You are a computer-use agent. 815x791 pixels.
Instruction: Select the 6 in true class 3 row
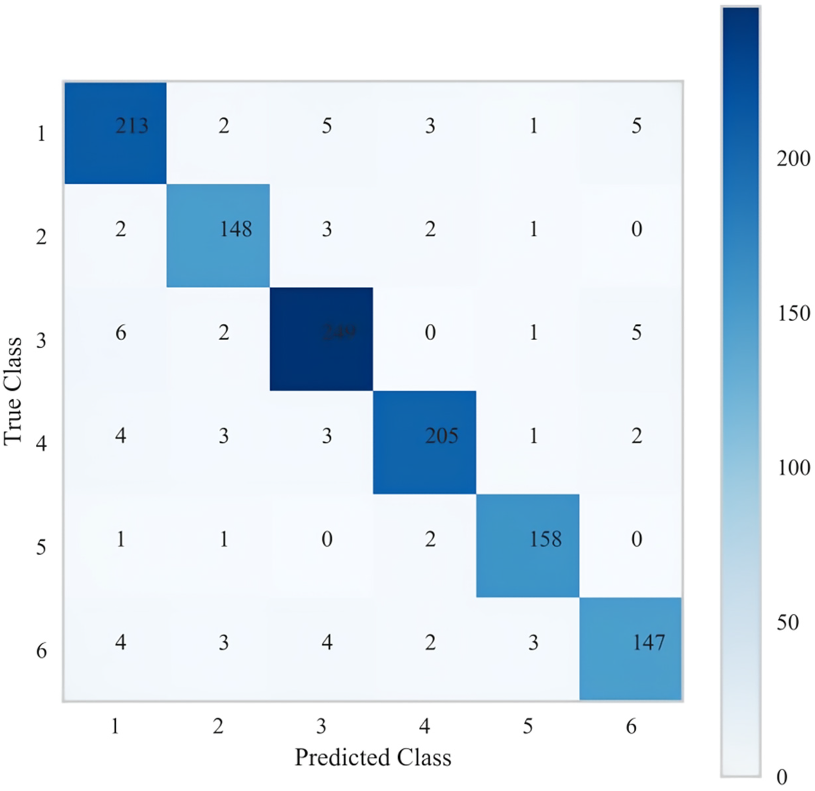(121, 332)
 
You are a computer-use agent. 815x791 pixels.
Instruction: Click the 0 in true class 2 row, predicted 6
(636, 229)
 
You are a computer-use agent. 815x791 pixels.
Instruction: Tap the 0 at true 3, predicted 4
(430, 332)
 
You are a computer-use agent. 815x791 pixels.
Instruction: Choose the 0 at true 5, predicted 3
(327, 539)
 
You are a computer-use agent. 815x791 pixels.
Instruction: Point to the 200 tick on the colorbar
(793, 159)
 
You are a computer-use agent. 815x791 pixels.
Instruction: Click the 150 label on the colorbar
(793, 313)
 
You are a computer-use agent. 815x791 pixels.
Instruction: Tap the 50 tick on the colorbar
(787, 623)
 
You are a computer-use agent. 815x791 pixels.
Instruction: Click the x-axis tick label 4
(424, 726)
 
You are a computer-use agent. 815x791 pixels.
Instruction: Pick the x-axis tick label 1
(115, 726)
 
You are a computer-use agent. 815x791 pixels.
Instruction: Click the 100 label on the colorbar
(793, 468)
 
